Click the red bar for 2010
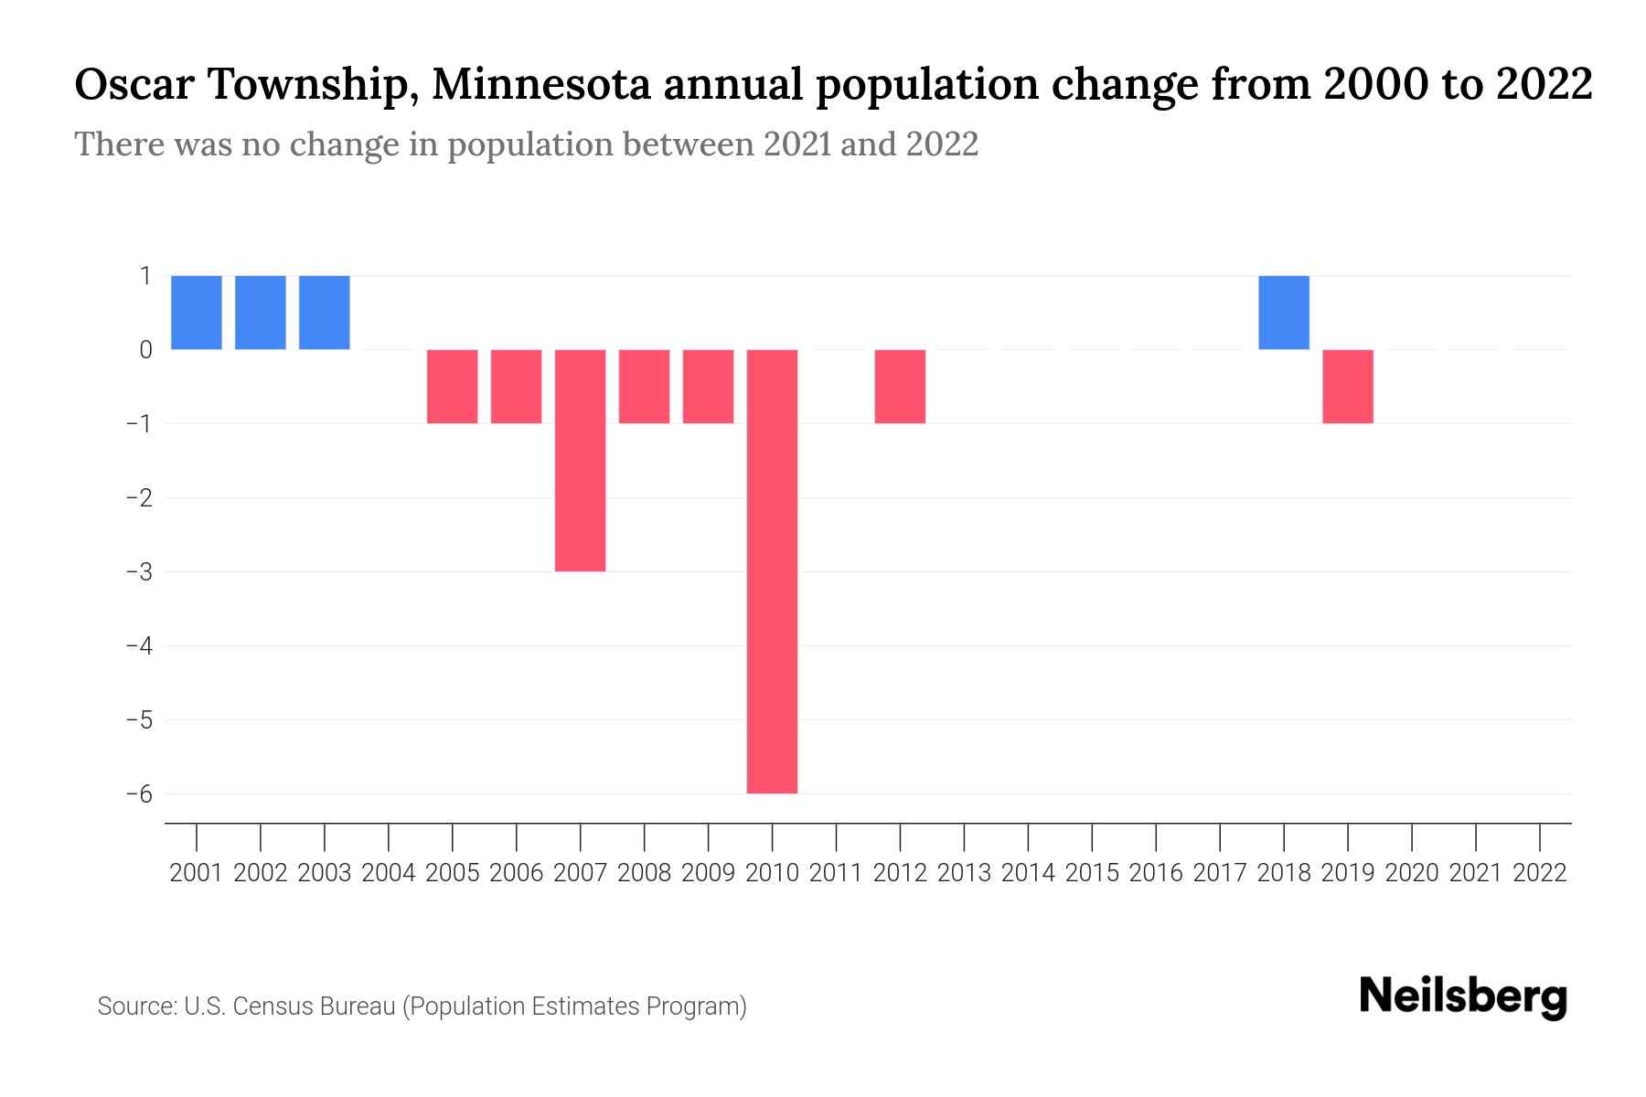click(772, 571)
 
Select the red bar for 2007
click(580, 460)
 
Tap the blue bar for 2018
click(1284, 313)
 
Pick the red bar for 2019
click(1348, 387)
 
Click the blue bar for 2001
click(197, 313)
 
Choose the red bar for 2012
click(900, 387)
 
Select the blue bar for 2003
click(325, 313)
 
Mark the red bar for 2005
click(452, 387)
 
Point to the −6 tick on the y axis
click(139, 793)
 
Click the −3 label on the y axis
click(139, 572)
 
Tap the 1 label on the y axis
click(145, 275)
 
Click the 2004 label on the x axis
click(389, 873)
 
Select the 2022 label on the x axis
click(1540, 873)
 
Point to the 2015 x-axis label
click(1092, 873)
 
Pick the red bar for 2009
click(708, 387)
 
